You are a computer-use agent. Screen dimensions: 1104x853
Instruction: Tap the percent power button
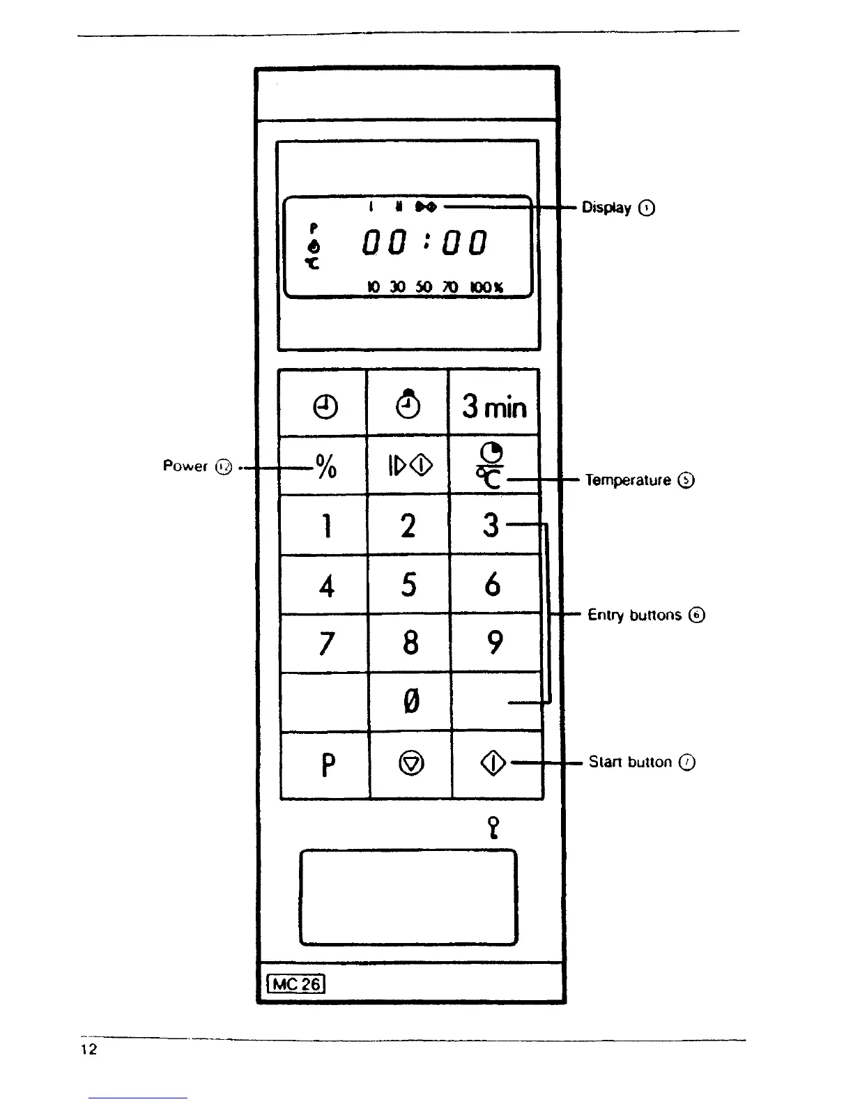[325, 465]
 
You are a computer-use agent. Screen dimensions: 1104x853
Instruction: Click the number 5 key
[409, 584]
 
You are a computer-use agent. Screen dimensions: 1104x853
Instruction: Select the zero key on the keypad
[410, 701]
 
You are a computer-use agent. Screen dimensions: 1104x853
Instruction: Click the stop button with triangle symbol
[411, 765]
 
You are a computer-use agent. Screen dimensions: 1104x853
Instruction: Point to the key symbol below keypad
[493, 827]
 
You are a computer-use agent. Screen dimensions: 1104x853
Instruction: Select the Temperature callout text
[628, 480]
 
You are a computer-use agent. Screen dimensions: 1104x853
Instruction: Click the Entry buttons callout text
[634, 615]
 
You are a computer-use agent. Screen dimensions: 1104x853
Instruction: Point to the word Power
[185, 466]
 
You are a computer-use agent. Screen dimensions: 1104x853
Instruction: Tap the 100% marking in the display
[487, 287]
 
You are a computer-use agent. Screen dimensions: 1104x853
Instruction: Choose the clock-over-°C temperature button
[492, 465]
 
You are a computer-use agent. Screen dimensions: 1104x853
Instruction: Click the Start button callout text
[630, 762]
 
